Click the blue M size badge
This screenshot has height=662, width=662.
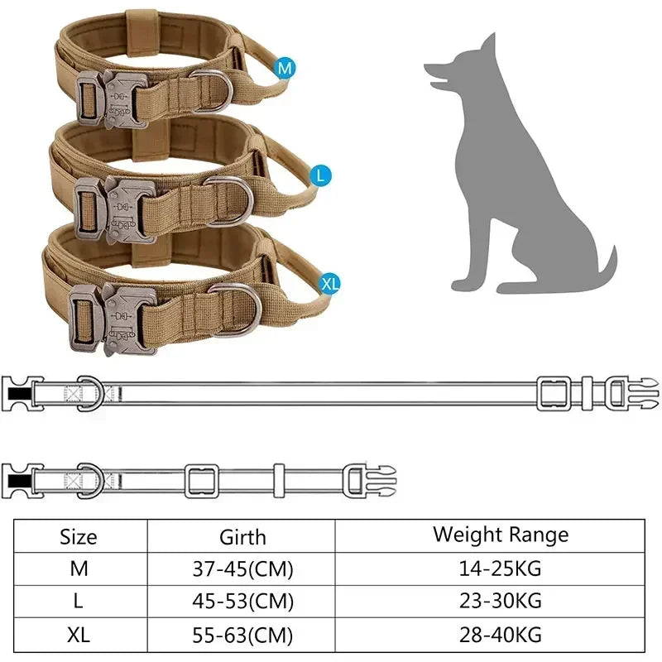285,69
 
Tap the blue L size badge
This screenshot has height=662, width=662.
320,175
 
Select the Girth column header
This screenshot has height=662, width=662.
242,537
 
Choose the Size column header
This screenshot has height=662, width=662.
79,537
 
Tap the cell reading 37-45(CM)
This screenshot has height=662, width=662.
242,569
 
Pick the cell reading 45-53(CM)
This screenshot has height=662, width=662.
242,600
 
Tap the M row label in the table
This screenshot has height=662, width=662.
79,569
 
